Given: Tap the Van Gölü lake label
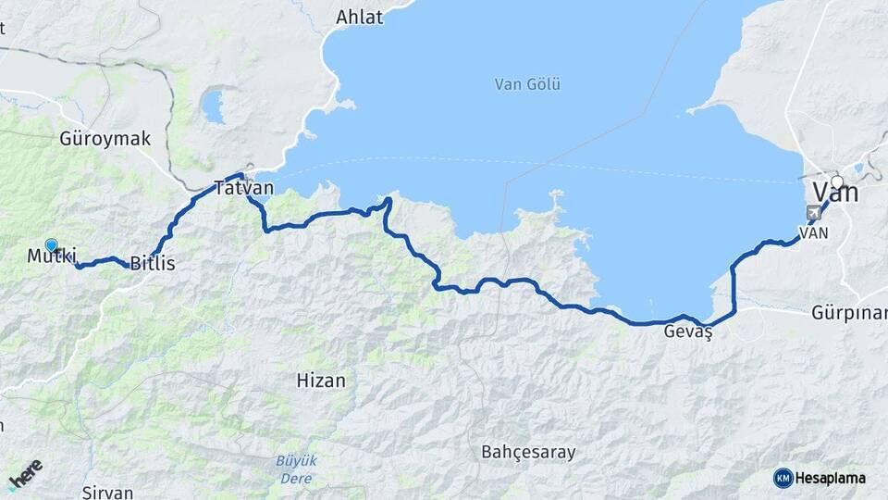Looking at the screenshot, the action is [527, 84].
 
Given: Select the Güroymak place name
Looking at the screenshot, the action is [105, 139].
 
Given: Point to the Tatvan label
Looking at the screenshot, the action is [243, 188].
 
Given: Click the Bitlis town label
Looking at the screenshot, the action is [152, 264].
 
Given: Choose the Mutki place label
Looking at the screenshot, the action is [51, 256].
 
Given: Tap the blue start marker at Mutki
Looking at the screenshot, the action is [52, 246].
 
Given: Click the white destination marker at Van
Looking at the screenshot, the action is [837, 181].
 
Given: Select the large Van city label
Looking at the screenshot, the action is [834, 194].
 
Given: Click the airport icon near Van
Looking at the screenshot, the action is [813, 213].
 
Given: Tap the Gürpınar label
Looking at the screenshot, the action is [849, 311].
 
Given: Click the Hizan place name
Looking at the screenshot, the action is [321, 380].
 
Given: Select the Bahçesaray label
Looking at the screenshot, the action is [528, 453].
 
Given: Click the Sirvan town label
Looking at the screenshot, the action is [108, 493].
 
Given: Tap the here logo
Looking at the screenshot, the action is [25, 474].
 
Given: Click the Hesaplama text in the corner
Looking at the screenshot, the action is [832, 478].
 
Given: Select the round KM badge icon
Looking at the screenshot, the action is [783, 478].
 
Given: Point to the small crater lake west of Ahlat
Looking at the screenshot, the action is [214, 106].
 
